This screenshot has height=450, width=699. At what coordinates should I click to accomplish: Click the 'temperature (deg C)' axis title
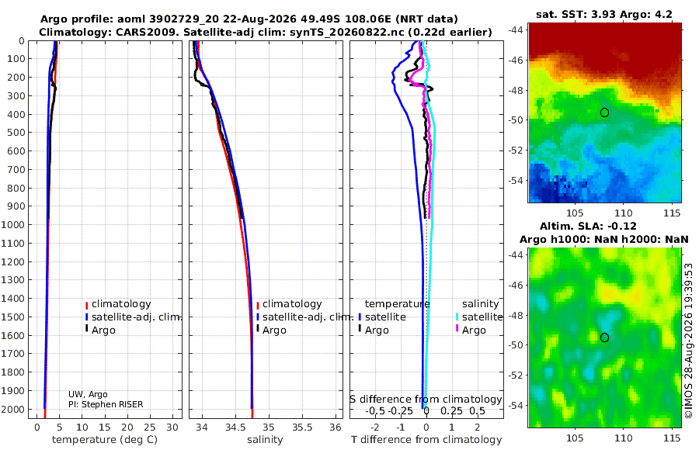click(105, 440)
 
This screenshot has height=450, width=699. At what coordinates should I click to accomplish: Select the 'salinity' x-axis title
click(265, 440)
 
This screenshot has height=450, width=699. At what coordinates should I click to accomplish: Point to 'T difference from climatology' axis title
click(426, 440)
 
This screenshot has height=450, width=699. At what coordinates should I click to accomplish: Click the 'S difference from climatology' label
click(426, 400)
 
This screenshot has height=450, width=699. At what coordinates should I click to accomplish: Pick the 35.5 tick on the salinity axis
click(302, 427)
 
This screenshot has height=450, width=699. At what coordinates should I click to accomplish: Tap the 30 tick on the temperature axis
click(172, 427)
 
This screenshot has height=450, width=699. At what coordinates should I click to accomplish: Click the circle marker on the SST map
click(604, 112)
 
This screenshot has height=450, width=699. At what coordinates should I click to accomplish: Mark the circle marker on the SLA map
click(604, 337)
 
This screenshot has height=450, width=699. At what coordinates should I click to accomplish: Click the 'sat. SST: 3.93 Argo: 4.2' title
click(604, 15)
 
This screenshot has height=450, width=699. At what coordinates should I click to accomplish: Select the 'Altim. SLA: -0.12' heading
click(588, 226)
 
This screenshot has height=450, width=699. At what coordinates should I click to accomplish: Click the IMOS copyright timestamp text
click(689, 341)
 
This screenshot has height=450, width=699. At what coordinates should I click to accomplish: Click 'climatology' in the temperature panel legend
click(121, 304)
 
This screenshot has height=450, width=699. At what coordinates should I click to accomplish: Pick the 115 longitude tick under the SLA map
click(672, 438)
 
